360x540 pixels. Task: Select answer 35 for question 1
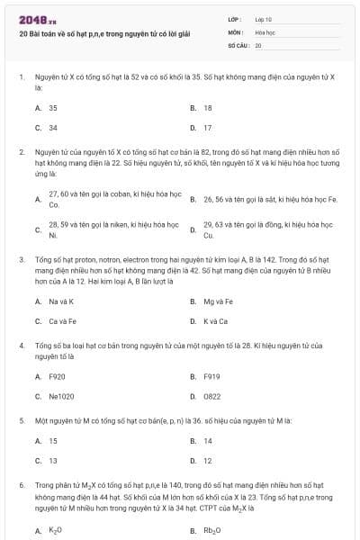[53, 107]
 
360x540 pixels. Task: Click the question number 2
[21, 152]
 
